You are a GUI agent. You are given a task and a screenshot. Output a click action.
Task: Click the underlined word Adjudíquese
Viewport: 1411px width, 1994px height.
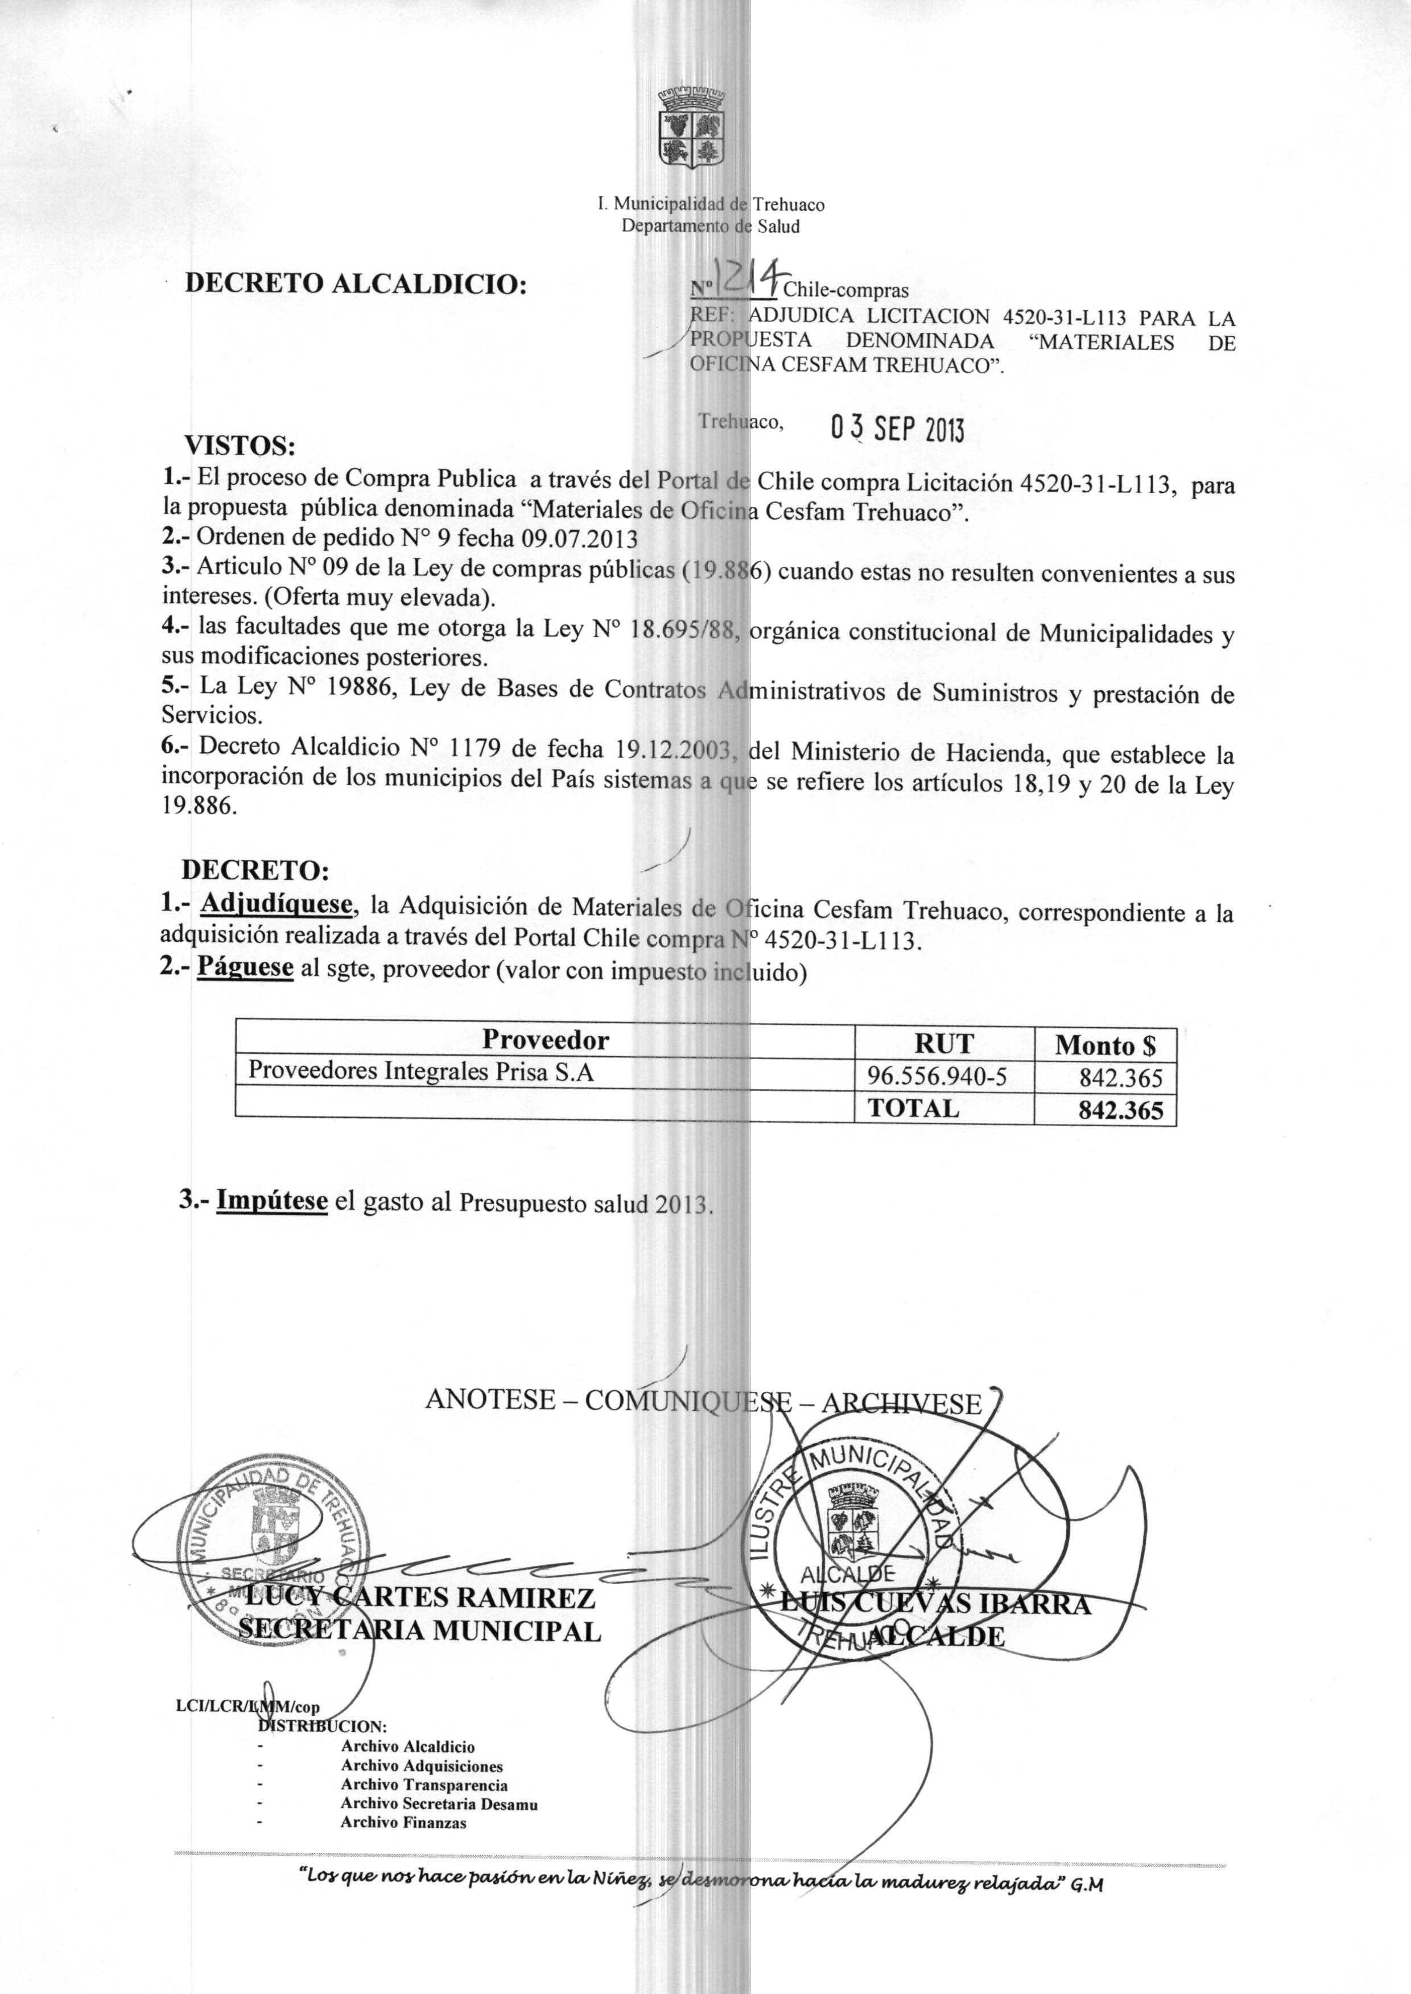(277, 904)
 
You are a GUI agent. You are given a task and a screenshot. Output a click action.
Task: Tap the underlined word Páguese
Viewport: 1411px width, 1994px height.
(245, 966)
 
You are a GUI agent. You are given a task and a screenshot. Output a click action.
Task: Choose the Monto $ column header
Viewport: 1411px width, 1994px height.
(1104, 1045)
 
